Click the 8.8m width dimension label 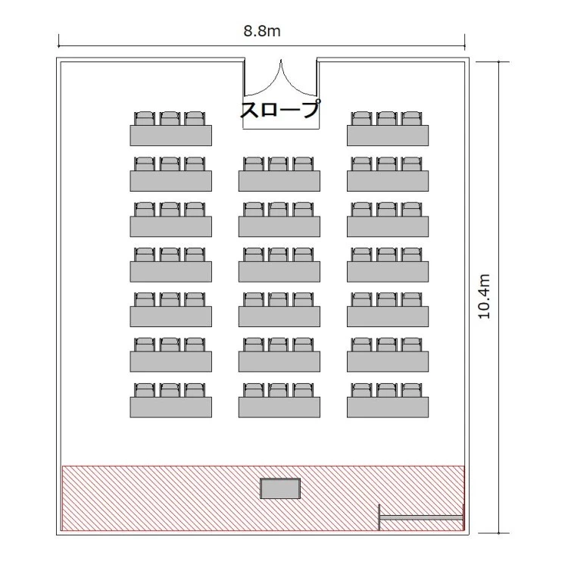tap(262, 31)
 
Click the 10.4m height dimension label tap(485, 296)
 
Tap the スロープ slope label tap(281, 109)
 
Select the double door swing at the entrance tap(281, 78)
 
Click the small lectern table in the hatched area tap(280, 488)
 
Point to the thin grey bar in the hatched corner tap(421, 518)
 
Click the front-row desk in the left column tap(171, 407)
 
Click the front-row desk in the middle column tap(279, 407)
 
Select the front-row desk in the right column tap(388, 407)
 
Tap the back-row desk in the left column tap(171, 136)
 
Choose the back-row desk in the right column tap(388, 136)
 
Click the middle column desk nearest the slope tap(279, 181)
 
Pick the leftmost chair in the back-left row tap(145, 118)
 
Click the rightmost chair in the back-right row tap(412, 118)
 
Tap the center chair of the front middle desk tap(278, 390)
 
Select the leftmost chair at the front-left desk tap(145, 390)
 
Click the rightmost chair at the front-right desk tap(412, 390)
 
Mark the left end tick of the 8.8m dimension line tap(58, 46)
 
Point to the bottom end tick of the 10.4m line tap(498, 533)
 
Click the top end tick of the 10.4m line tap(498, 62)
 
